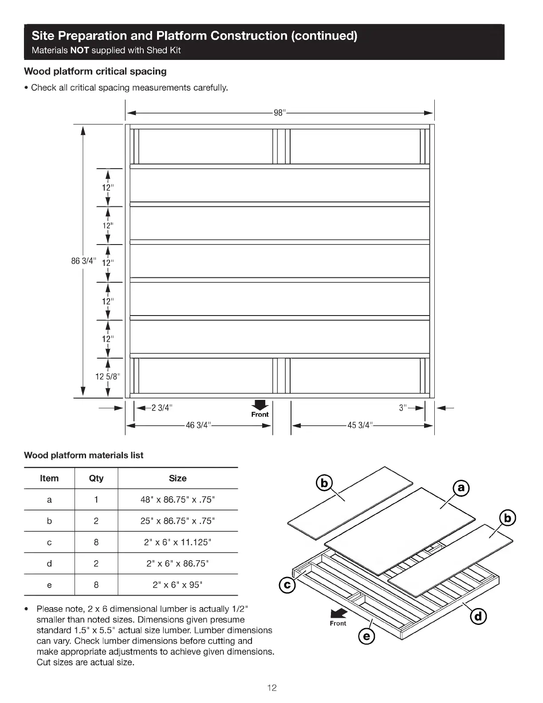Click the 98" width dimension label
pos(279,113)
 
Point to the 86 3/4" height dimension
pos(83,261)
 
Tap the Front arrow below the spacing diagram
pos(260,406)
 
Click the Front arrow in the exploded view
pos(339,614)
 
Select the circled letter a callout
pos(461,488)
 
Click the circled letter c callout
pos(287,585)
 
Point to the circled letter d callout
pos(478,616)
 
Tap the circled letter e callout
pos(366,637)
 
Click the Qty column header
pos(96,478)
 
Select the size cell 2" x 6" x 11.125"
pos(177,542)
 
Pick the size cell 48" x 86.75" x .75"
pos(177,499)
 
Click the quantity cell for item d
pos(96,563)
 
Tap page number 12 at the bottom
pos(271,688)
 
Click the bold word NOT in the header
pos(80,50)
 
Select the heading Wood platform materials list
pos(84,455)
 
